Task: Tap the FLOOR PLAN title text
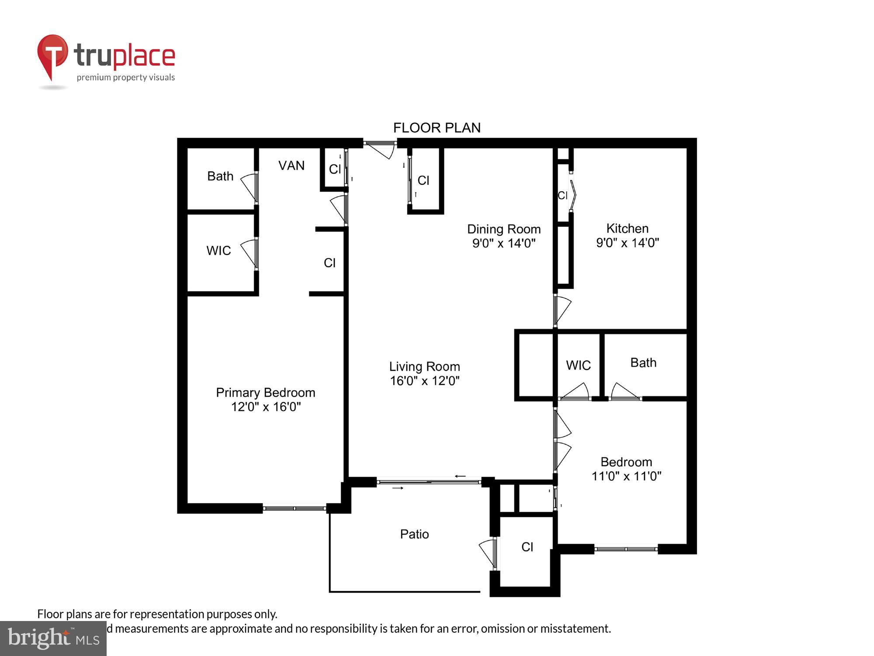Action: (437, 128)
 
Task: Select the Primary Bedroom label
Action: (265, 392)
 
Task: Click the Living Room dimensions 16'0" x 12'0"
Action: (424, 381)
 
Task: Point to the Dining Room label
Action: (503, 229)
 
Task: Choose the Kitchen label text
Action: (627, 228)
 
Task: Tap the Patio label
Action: (414, 534)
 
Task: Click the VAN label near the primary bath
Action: (291, 165)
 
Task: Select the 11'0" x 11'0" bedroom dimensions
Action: (626, 476)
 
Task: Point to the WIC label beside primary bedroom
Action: (218, 251)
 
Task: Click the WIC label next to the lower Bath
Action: (578, 365)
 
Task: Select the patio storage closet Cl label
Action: (527, 547)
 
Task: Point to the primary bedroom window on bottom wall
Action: (294, 508)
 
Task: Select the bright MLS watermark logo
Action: (53, 638)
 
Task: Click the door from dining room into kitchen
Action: (562, 310)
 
